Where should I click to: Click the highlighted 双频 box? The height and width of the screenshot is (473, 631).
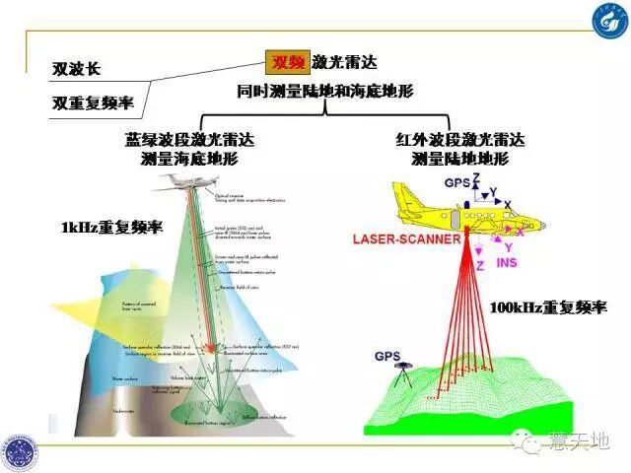point(288,62)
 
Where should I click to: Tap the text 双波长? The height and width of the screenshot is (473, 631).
point(77,70)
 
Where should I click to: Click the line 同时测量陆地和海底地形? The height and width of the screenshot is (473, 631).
point(324,91)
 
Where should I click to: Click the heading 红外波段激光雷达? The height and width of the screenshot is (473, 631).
point(458,141)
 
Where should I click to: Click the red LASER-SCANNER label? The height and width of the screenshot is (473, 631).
point(405,238)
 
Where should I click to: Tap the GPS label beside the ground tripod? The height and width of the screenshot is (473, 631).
point(387,356)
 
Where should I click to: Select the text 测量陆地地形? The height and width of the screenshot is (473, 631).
point(458,159)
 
